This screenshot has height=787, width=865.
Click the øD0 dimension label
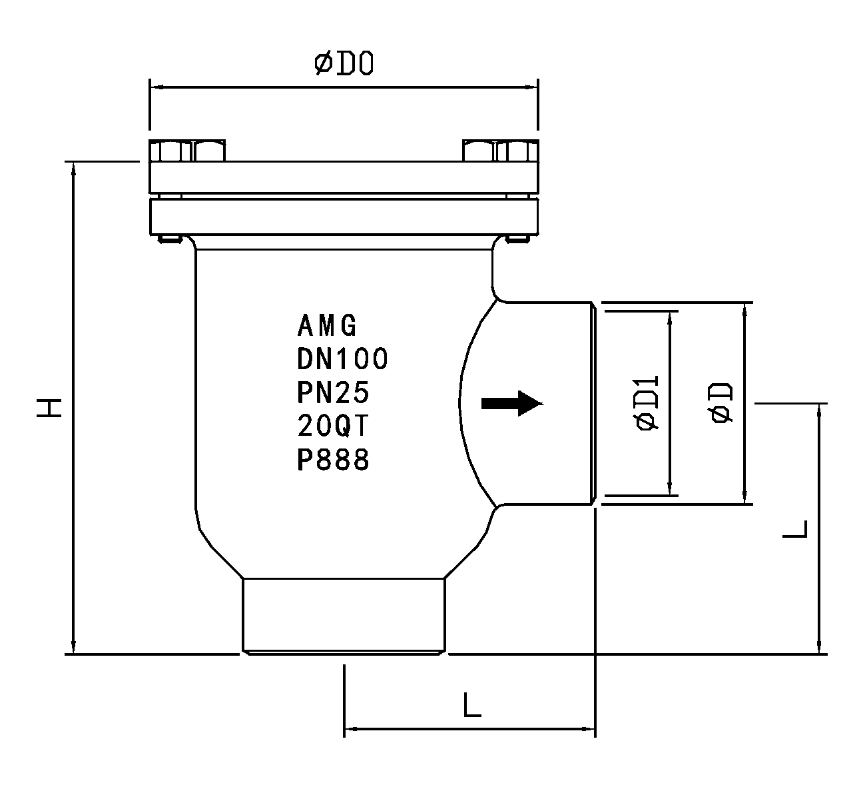point(344,64)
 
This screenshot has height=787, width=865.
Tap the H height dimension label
point(49,408)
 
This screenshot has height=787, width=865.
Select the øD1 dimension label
point(647,402)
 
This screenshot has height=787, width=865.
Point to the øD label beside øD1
point(721,402)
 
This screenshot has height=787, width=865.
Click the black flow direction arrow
point(512,404)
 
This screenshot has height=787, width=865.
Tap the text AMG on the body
point(327,325)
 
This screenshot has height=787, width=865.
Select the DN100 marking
point(342,359)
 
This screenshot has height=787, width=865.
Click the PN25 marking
point(333,393)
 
